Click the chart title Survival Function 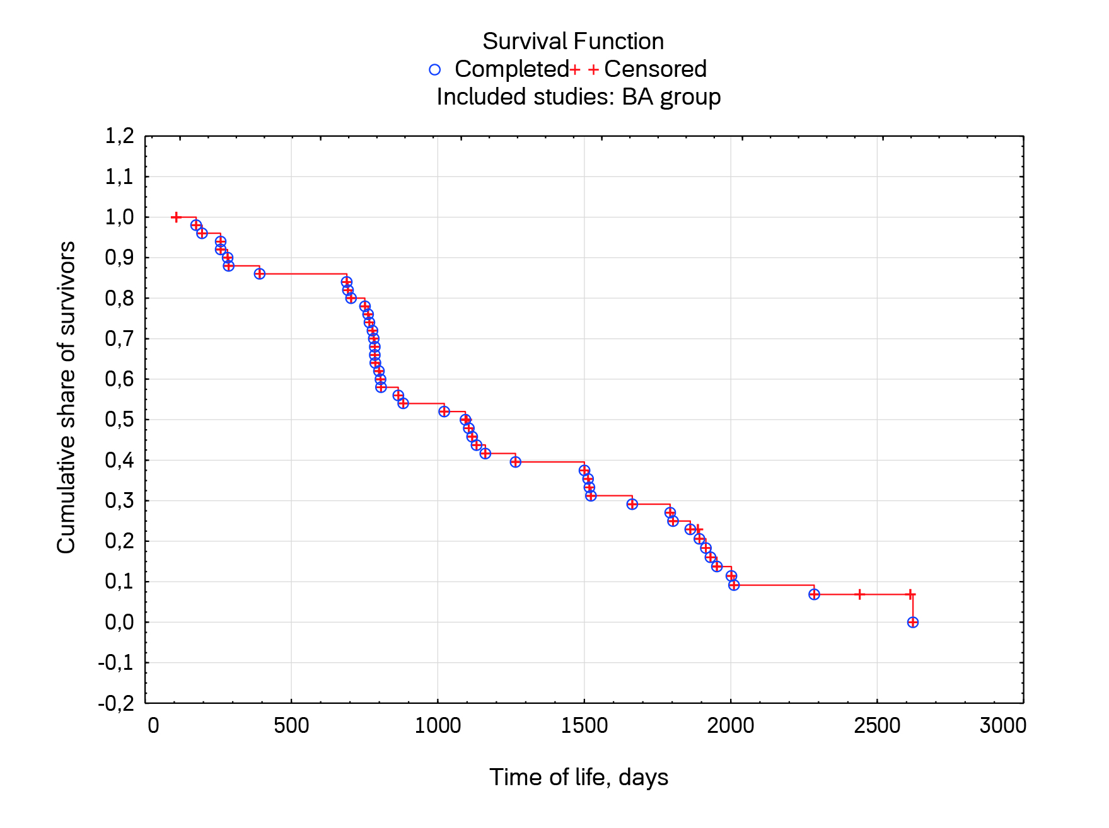point(573,42)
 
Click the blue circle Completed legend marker point(434,69)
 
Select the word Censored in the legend point(655,69)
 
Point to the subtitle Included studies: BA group point(578,97)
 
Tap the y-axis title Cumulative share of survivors point(66,397)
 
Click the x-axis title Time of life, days point(578,777)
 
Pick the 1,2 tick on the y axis point(120,136)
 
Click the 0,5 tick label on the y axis point(120,420)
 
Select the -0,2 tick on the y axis point(117,703)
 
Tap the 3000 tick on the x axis point(1002,726)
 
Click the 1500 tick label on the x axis point(584,726)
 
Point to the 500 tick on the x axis point(291,726)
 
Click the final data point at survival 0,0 point(912,622)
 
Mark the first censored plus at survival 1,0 point(176,217)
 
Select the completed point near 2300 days point(814,594)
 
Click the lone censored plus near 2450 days point(859,594)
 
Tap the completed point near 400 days point(259,273)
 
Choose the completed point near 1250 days point(515,462)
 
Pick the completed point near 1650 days point(632,504)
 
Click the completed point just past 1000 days point(444,411)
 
